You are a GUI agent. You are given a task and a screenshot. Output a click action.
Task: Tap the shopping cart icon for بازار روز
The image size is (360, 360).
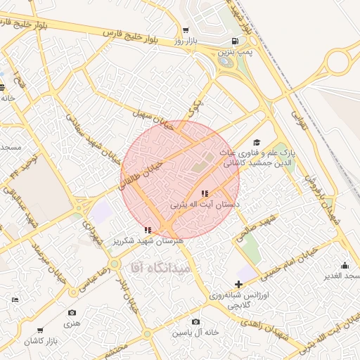point(185,30)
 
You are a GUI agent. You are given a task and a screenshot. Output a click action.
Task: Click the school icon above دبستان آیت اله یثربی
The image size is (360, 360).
point(205,193)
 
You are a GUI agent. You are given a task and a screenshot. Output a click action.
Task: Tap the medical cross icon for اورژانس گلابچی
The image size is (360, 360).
point(239,285)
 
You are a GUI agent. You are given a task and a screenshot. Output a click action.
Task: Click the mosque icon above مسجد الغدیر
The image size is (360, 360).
point(345,266)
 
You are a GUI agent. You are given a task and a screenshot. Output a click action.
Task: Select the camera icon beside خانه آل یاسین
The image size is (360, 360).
point(195,322)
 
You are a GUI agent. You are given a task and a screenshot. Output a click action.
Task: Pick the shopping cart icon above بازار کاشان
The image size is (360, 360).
point(40,330)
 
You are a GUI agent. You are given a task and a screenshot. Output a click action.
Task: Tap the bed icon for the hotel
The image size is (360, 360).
point(15,300)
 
